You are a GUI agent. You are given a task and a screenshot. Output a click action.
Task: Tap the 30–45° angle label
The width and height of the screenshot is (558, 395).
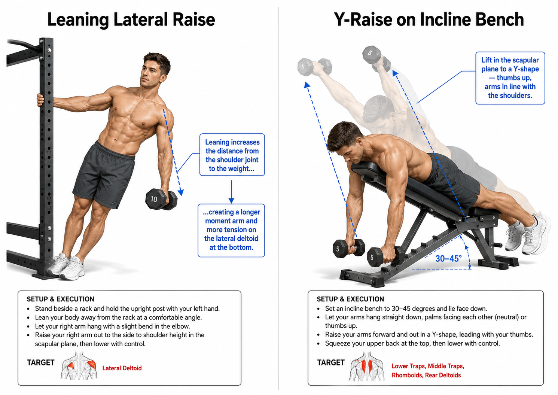click(448, 259)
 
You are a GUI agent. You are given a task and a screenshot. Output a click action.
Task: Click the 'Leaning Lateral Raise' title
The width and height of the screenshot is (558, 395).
click(131, 19)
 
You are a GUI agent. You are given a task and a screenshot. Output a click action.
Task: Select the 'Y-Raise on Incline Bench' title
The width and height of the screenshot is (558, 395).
click(429, 19)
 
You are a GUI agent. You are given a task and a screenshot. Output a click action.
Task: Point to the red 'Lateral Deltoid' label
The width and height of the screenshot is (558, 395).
click(122, 368)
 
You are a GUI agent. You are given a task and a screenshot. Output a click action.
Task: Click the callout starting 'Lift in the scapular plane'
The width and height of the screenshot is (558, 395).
click(510, 78)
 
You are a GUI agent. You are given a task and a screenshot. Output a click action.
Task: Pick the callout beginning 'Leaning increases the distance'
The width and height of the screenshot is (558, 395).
click(232, 155)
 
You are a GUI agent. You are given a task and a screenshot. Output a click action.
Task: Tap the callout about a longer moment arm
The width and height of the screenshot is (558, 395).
click(231, 230)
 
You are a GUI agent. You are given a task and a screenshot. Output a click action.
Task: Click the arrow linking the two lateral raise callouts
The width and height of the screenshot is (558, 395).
click(231, 191)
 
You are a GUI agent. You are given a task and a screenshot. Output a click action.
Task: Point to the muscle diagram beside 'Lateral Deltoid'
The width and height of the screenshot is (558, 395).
click(79, 365)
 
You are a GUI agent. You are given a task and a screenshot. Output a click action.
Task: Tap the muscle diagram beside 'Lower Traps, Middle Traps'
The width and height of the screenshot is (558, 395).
click(366, 366)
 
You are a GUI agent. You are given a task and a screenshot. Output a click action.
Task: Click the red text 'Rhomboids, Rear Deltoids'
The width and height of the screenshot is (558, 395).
click(426, 375)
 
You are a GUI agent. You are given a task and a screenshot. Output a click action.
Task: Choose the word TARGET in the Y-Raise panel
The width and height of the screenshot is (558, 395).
click(331, 362)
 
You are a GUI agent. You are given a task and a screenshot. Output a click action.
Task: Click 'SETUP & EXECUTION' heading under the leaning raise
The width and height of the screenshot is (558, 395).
click(60, 299)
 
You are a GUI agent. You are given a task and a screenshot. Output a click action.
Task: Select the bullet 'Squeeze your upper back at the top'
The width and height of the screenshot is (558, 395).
click(412, 343)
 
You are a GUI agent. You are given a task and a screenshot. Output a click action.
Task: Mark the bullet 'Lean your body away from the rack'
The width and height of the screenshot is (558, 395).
click(118, 317)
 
